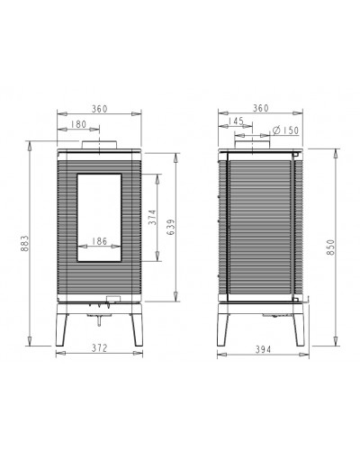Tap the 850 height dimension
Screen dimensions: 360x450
[330, 247]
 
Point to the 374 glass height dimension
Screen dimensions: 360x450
[152, 217]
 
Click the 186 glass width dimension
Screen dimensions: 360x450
[99, 241]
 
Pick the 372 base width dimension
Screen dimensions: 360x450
[99, 348]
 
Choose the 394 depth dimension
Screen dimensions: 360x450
[263, 349]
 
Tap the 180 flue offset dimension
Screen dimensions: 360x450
[78, 124]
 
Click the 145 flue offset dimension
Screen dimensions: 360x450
[236, 121]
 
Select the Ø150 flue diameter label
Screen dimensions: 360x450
[285, 130]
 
